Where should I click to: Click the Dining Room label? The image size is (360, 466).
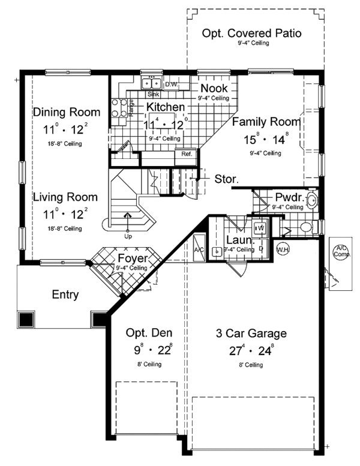click(x=67, y=112)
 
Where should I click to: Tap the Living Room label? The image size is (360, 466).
click(x=65, y=197)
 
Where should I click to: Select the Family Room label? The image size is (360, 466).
click(x=266, y=122)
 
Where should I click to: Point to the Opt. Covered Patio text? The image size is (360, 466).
click(x=251, y=34)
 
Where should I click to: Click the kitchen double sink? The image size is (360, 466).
click(x=151, y=83)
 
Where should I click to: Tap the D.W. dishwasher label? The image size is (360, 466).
click(x=171, y=85)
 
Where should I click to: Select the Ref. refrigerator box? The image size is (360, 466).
click(x=186, y=157)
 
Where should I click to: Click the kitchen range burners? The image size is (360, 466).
click(x=119, y=108)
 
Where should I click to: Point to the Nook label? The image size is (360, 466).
click(x=214, y=88)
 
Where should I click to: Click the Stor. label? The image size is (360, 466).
click(x=227, y=179)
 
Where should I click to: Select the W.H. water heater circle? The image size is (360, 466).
click(x=283, y=249)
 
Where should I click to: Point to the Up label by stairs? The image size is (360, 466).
click(x=128, y=236)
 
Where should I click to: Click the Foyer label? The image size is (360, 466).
click(x=133, y=258)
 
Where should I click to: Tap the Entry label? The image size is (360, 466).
click(x=65, y=294)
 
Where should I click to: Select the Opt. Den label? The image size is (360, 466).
click(x=149, y=333)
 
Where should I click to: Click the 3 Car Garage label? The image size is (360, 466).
click(x=251, y=333)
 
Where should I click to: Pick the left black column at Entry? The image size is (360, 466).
click(x=26, y=320)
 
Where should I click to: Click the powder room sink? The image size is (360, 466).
click(x=312, y=200)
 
